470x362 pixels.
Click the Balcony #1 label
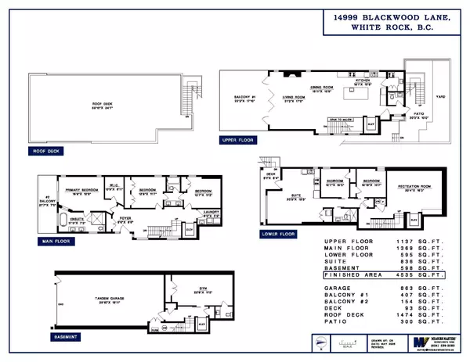[242, 98]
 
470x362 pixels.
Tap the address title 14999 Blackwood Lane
[381, 20]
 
